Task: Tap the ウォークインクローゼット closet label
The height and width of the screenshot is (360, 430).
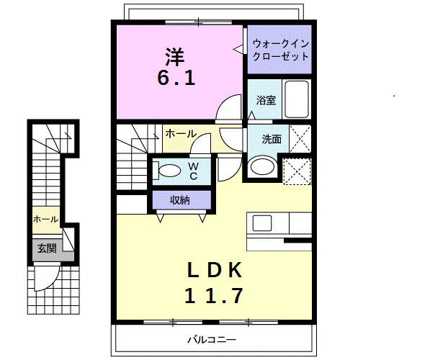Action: tap(280, 50)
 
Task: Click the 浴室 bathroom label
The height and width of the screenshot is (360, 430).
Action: tap(266, 100)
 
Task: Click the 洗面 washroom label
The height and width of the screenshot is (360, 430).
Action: tap(271, 140)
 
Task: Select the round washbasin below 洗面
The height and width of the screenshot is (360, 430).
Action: tap(261, 167)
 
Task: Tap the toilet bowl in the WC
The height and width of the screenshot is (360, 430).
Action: tap(169, 171)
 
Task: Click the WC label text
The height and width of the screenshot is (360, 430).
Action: tap(193, 171)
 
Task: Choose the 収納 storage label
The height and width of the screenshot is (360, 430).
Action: tap(180, 199)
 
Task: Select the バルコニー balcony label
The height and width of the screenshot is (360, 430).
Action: tap(212, 338)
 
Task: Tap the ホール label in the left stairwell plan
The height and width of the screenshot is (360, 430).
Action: tap(45, 220)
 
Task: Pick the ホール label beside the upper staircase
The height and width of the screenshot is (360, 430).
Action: tap(180, 134)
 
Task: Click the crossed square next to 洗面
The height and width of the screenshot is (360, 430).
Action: tap(300, 138)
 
